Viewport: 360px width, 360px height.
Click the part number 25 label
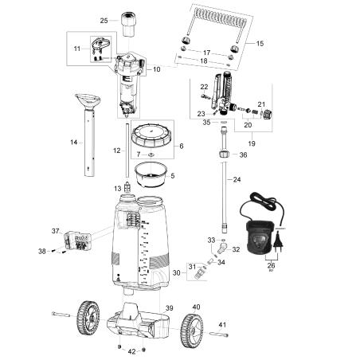tap(104, 20)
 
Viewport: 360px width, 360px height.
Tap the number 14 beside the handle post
tap(73, 143)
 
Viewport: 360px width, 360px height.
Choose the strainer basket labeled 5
tap(151, 174)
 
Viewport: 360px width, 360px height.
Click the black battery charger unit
tap(260, 235)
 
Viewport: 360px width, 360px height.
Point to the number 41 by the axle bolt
tap(222, 324)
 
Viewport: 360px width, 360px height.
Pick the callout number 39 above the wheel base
tap(168, 307)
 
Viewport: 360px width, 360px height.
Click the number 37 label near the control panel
tap(55, 231)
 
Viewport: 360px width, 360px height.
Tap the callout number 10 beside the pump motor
tap(156, 69)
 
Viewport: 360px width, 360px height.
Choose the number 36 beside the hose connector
tap(244, 155)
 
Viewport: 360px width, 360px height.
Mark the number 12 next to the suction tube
tap(117, 151)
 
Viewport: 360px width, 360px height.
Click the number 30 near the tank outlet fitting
tap(178, 272)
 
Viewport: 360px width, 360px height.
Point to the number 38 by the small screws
tap(42, 251)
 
